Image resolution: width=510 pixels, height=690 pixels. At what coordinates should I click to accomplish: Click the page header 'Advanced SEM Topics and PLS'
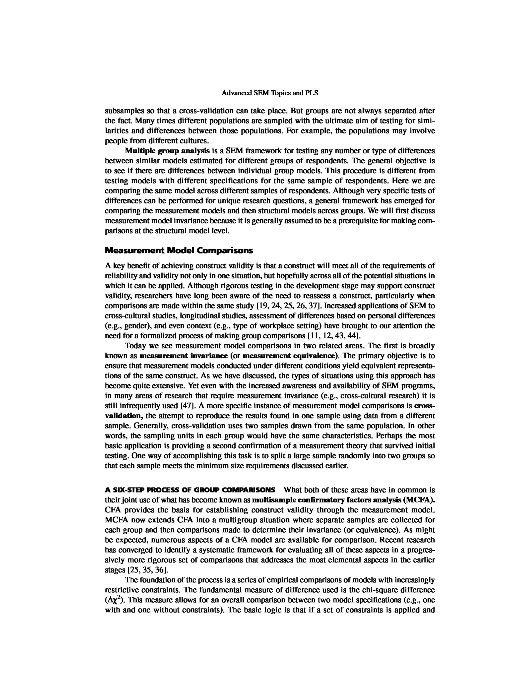[270, 93]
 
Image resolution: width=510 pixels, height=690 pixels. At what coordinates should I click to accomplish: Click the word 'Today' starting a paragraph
[135, 346]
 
